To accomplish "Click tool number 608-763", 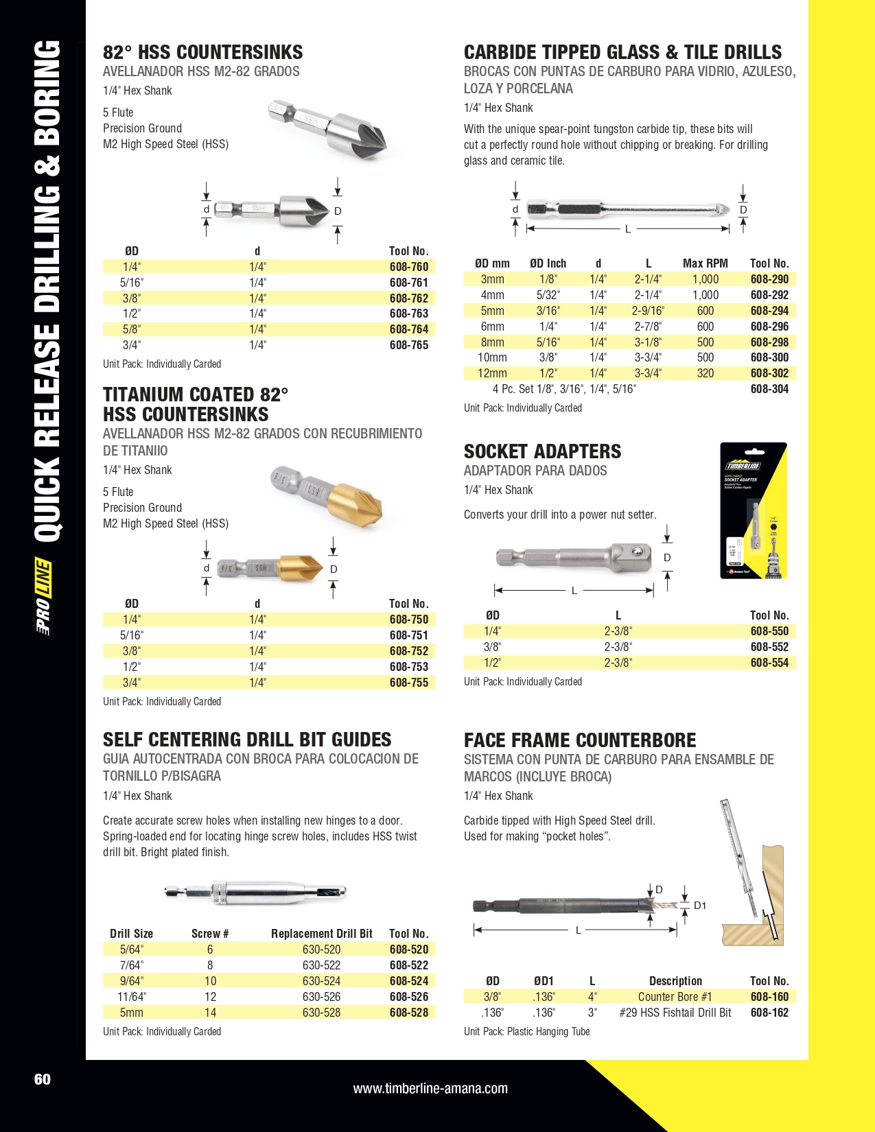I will coord(408,314).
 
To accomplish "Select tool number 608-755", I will coord(408,683).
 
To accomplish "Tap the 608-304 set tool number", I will coord(769,389).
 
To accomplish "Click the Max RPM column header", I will coord(705,263).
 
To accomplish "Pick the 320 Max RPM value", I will coord(705,373).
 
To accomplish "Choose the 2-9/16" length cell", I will coord(647,311).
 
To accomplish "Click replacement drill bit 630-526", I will coord(321,997).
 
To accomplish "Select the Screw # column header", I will coord(210,934).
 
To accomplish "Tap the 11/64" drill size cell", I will coord(132,997).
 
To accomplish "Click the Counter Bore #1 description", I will coord(675,997).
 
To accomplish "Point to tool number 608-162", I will coord(769,1013).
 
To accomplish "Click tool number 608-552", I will coord(769,647).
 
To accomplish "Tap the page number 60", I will coord(43,1079).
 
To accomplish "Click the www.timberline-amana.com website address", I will coord(430,1089).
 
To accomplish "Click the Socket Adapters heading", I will coord(542,451).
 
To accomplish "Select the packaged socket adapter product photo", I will coord(753,510).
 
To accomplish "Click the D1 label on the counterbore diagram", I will coord(699,906).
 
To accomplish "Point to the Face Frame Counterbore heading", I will coord(579,740).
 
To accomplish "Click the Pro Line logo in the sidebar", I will coord(44,598).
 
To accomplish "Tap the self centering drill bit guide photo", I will coord(255,893).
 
